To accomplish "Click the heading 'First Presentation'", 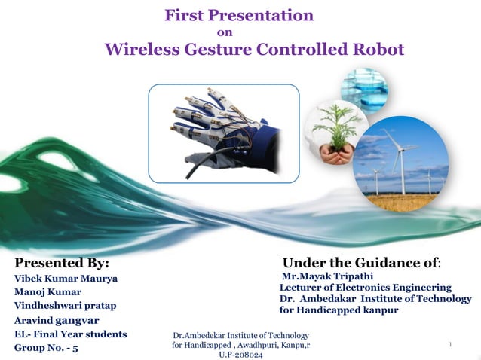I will [x=239, y=14].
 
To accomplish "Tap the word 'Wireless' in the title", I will [x=141, y=50].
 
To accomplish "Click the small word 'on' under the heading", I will [x=224, y=32].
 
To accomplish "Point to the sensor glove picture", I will [x=223, y=133].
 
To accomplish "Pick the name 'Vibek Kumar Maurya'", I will [x=67, y=279].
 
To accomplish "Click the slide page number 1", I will [x=449, y=345].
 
